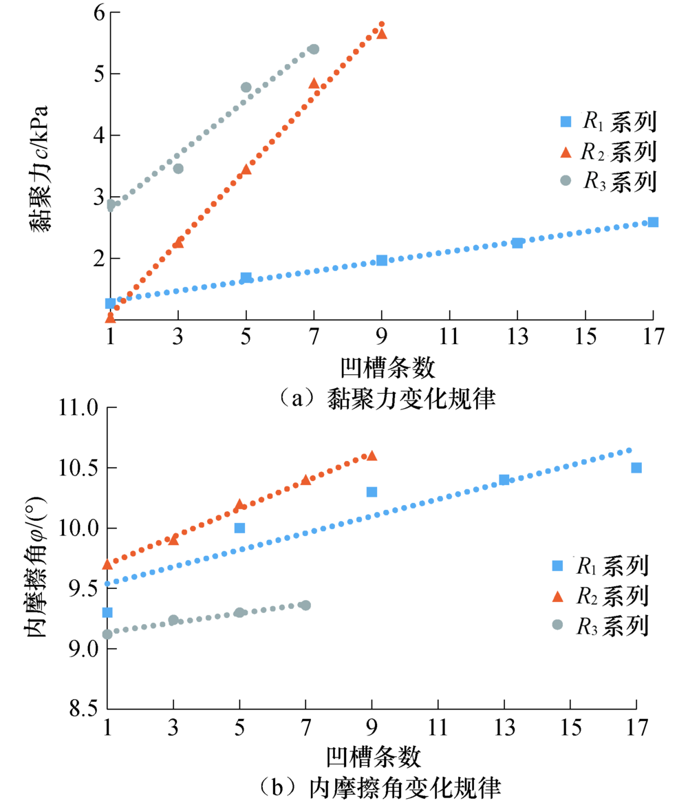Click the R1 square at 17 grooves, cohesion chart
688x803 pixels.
tap(653, 222)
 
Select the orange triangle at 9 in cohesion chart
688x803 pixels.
tap(382, 34)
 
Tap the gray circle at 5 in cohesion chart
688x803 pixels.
tap(246, 87)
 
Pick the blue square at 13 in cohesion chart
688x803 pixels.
tap(517, 242)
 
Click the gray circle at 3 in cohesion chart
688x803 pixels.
tap(178, 169)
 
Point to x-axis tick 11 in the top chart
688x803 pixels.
tap(449, 338)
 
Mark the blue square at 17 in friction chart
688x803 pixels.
tap(636, 468)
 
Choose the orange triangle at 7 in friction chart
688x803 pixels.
tap(305, 479)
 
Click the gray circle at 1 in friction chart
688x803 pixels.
tap(107, 634)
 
